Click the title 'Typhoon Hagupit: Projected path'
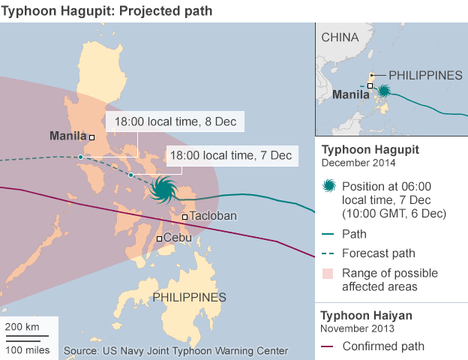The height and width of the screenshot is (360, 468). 108,10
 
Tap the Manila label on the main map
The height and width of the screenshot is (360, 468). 67,136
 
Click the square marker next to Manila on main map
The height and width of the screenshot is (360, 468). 91,137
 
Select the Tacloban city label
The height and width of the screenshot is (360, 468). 214,216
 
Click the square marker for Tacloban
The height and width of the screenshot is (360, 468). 184,217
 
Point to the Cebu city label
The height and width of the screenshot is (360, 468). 177,238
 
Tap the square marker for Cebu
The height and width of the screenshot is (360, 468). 159,239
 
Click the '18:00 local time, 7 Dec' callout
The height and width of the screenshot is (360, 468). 229,156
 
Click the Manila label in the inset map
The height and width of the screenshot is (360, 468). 349,94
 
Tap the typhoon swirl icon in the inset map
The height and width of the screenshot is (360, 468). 383,91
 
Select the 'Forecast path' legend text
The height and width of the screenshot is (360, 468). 378,253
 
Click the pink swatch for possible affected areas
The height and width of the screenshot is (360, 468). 328,273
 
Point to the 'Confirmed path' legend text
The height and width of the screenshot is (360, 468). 383,346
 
